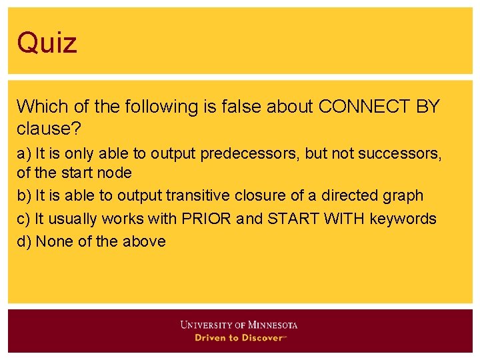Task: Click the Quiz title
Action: pyautogui.click(x=47, y=43)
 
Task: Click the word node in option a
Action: pyautogui.click(x=115, y=173)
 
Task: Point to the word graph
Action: pyautogui.click(x=402, y=195)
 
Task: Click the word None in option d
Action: pyautogui.click(x=55, y=241)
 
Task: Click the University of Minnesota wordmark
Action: pyautogui.click(x=239, y=325)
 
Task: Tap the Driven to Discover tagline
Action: pyautogui.click(x=239, y=338)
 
